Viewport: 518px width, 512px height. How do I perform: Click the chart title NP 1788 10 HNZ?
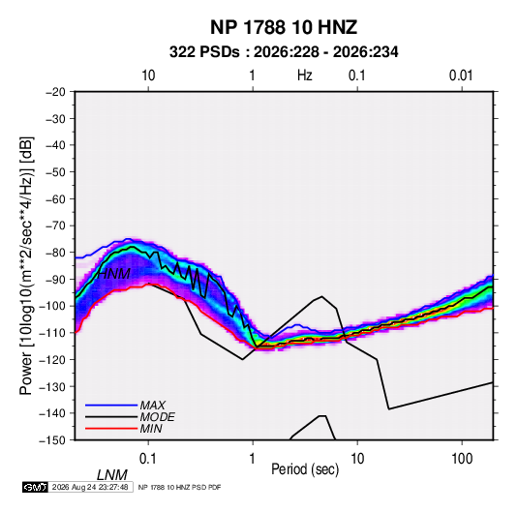284,27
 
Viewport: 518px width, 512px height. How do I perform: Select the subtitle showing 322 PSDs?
284,52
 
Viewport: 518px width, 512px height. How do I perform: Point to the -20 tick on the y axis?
55,92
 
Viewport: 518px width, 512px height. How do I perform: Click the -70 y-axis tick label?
55,226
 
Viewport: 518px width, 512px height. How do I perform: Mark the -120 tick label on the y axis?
52,360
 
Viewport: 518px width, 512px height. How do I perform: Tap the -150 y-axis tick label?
52,440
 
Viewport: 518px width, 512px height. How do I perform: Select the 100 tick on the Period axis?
462,459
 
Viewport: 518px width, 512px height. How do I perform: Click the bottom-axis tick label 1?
253,459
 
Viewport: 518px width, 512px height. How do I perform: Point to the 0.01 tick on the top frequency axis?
461,75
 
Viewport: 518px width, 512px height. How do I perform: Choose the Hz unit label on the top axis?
305,75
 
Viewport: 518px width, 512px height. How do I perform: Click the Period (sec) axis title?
305,469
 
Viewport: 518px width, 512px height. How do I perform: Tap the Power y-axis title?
26,265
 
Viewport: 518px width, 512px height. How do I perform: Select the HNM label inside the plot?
114,274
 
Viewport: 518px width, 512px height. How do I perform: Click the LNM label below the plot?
112,475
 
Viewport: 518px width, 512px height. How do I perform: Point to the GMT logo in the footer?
36,487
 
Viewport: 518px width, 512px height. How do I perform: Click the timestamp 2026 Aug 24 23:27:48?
90,487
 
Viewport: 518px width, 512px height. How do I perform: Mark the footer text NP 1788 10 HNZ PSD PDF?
179,487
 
